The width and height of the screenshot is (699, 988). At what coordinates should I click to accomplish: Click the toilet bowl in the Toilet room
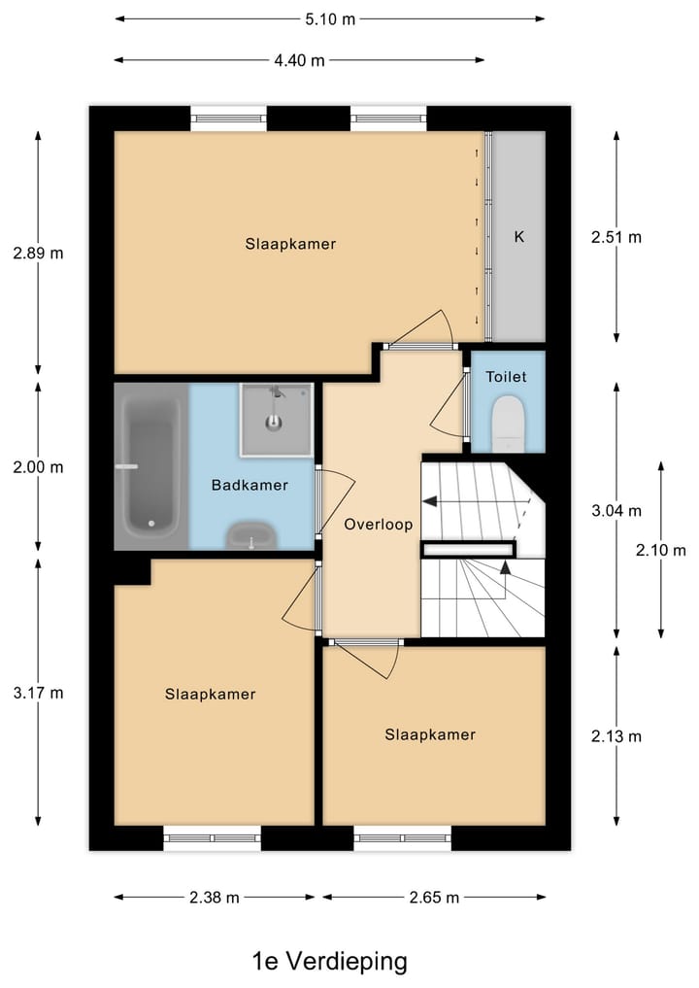(x=508, y=424)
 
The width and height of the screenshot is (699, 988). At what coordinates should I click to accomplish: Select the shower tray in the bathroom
(x=277, y=419)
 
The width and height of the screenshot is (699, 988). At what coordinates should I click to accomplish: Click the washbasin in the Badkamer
(x=251, y=535)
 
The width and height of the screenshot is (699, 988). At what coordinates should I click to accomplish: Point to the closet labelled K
(x=518, y=236)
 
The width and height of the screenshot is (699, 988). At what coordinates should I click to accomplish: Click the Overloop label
(x=379, y=524)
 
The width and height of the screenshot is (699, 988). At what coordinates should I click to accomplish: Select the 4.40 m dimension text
(x=299, y=60)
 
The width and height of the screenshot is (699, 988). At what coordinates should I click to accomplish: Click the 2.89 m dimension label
(x=38, y=253)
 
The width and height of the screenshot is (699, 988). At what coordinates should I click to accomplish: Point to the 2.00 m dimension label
(x=38, y=466)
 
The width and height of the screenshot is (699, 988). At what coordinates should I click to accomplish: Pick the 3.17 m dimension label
(x=38, y=693)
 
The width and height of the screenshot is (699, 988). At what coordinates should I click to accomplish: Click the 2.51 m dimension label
(x=616, y=236)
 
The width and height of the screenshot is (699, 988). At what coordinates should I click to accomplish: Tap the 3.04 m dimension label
(x=616, y=510)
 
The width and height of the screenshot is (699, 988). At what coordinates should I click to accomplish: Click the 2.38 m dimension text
(x=215, y=898)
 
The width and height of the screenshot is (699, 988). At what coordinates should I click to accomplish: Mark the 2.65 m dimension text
(x=434, y=898)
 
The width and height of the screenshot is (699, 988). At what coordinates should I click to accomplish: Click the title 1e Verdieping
(x=329, y=962)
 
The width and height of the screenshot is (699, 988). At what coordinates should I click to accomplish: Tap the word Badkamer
(x=250, y=485)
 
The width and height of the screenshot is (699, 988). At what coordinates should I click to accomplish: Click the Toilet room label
(x=506, y=376)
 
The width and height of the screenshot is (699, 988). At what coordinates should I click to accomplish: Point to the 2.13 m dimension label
(x=616, y=735)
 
